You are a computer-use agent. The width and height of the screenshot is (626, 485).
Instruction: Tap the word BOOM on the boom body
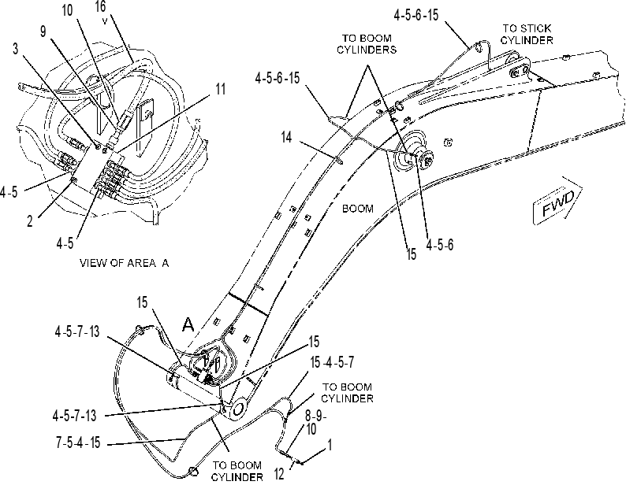coord(358,209)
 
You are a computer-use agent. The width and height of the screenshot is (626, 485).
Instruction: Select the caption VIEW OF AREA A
coord(124,263)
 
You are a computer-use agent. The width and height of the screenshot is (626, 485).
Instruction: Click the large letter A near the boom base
coord(188,324)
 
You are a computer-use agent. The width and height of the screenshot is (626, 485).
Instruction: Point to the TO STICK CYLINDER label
coord(527,35)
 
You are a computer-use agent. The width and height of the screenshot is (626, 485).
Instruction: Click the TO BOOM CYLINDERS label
coord(367,44)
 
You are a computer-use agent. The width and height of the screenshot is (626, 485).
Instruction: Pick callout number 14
coord(287,137)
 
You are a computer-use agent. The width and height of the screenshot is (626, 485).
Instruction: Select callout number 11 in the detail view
coord(221,89)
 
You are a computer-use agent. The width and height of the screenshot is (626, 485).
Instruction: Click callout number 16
coord(101,6)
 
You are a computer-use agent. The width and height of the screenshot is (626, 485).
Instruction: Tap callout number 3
coord(16,49)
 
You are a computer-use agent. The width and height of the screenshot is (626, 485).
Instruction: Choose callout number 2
coord(29,221)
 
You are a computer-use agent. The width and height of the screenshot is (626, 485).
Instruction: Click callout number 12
coord(279,474)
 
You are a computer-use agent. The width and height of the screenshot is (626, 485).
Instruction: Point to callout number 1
coord(330,445)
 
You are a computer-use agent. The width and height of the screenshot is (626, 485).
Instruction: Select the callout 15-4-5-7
coord(332,362)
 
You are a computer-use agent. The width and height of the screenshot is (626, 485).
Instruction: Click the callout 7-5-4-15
coord(78,442)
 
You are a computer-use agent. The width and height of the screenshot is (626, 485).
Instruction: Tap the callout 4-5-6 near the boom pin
coord(440,245)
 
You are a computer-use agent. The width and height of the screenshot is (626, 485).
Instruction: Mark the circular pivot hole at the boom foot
coord(238,409)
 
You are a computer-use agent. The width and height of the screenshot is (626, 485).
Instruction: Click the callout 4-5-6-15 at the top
coord(416,15)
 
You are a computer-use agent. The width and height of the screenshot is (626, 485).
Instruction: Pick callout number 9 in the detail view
coord(43,31)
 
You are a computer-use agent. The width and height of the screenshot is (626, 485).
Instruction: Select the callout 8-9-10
coord(316,422)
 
